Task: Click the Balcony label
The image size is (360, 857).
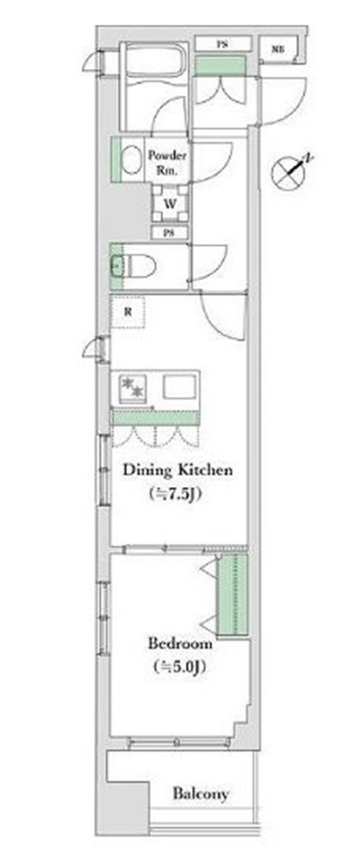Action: point(201,794)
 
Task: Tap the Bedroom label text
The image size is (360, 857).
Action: point(180,643)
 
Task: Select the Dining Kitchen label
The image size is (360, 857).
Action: point(177,469)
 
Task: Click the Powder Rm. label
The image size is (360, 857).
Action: point(168,163)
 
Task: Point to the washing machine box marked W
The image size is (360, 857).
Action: point(170,204)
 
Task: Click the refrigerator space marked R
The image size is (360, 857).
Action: point(128,312)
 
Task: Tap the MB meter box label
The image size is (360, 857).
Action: point(278,49)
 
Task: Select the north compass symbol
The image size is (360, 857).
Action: point(290,170)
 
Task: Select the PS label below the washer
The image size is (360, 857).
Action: point(170,233)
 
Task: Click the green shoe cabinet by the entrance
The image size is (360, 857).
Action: point(221,65)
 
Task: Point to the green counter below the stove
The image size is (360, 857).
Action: point(155,417)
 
